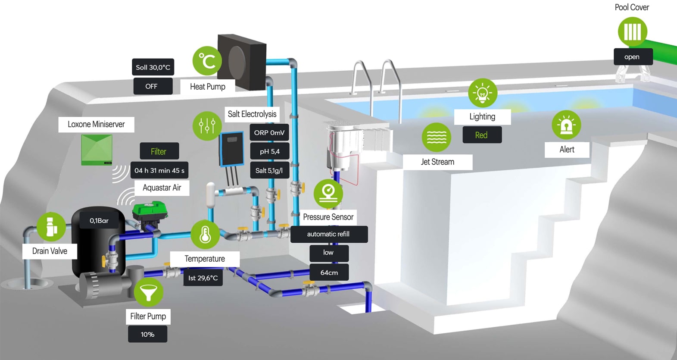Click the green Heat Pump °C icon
tap(207, 61)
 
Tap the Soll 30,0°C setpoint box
tap(153, 67)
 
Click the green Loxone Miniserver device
tap(97, 150)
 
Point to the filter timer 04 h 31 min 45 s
tap(159, 170)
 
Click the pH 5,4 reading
tap(269, 151)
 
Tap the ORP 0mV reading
tap(269, 133)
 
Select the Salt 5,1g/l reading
tap(269, 170)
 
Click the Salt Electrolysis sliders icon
tap(207, 126)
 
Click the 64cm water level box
tap(329, 272)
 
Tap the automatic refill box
tap(328, 234)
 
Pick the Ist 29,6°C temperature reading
tap(203, 278)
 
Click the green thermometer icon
tap(205, 235)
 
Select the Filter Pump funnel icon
tap(149, 292)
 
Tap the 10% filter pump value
tap(147, 334)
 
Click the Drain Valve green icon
tap(51, 226)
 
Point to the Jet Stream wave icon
tap(436, 138)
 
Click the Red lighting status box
tap(481, 135)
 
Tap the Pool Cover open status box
tap(632, 57)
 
